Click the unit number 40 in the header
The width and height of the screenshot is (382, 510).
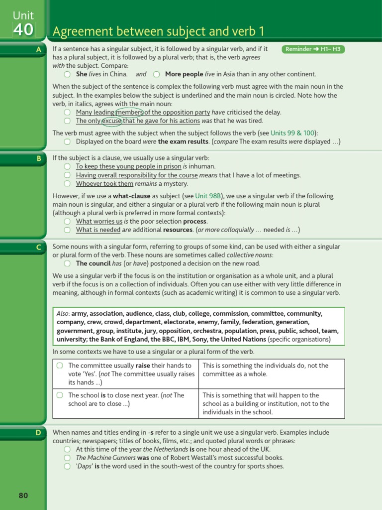(x=23, y=30)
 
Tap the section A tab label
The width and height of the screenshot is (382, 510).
(x=38, y=50)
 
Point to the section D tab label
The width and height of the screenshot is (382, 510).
(x=38, y=433)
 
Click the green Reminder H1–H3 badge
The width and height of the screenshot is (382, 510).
(x=313, y=49)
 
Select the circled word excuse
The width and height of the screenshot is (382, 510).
(x=112, y=121)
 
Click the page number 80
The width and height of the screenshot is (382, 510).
(x=23, y=495)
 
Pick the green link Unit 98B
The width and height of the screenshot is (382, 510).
(x=209, y=196)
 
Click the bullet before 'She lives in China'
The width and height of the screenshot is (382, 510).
(x=67, y=74)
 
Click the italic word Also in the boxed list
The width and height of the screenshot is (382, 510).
(x=63, y=314)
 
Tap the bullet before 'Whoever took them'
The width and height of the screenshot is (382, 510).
(x=67, y=184)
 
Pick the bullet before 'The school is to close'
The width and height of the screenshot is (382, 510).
(x=60, y=395)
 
